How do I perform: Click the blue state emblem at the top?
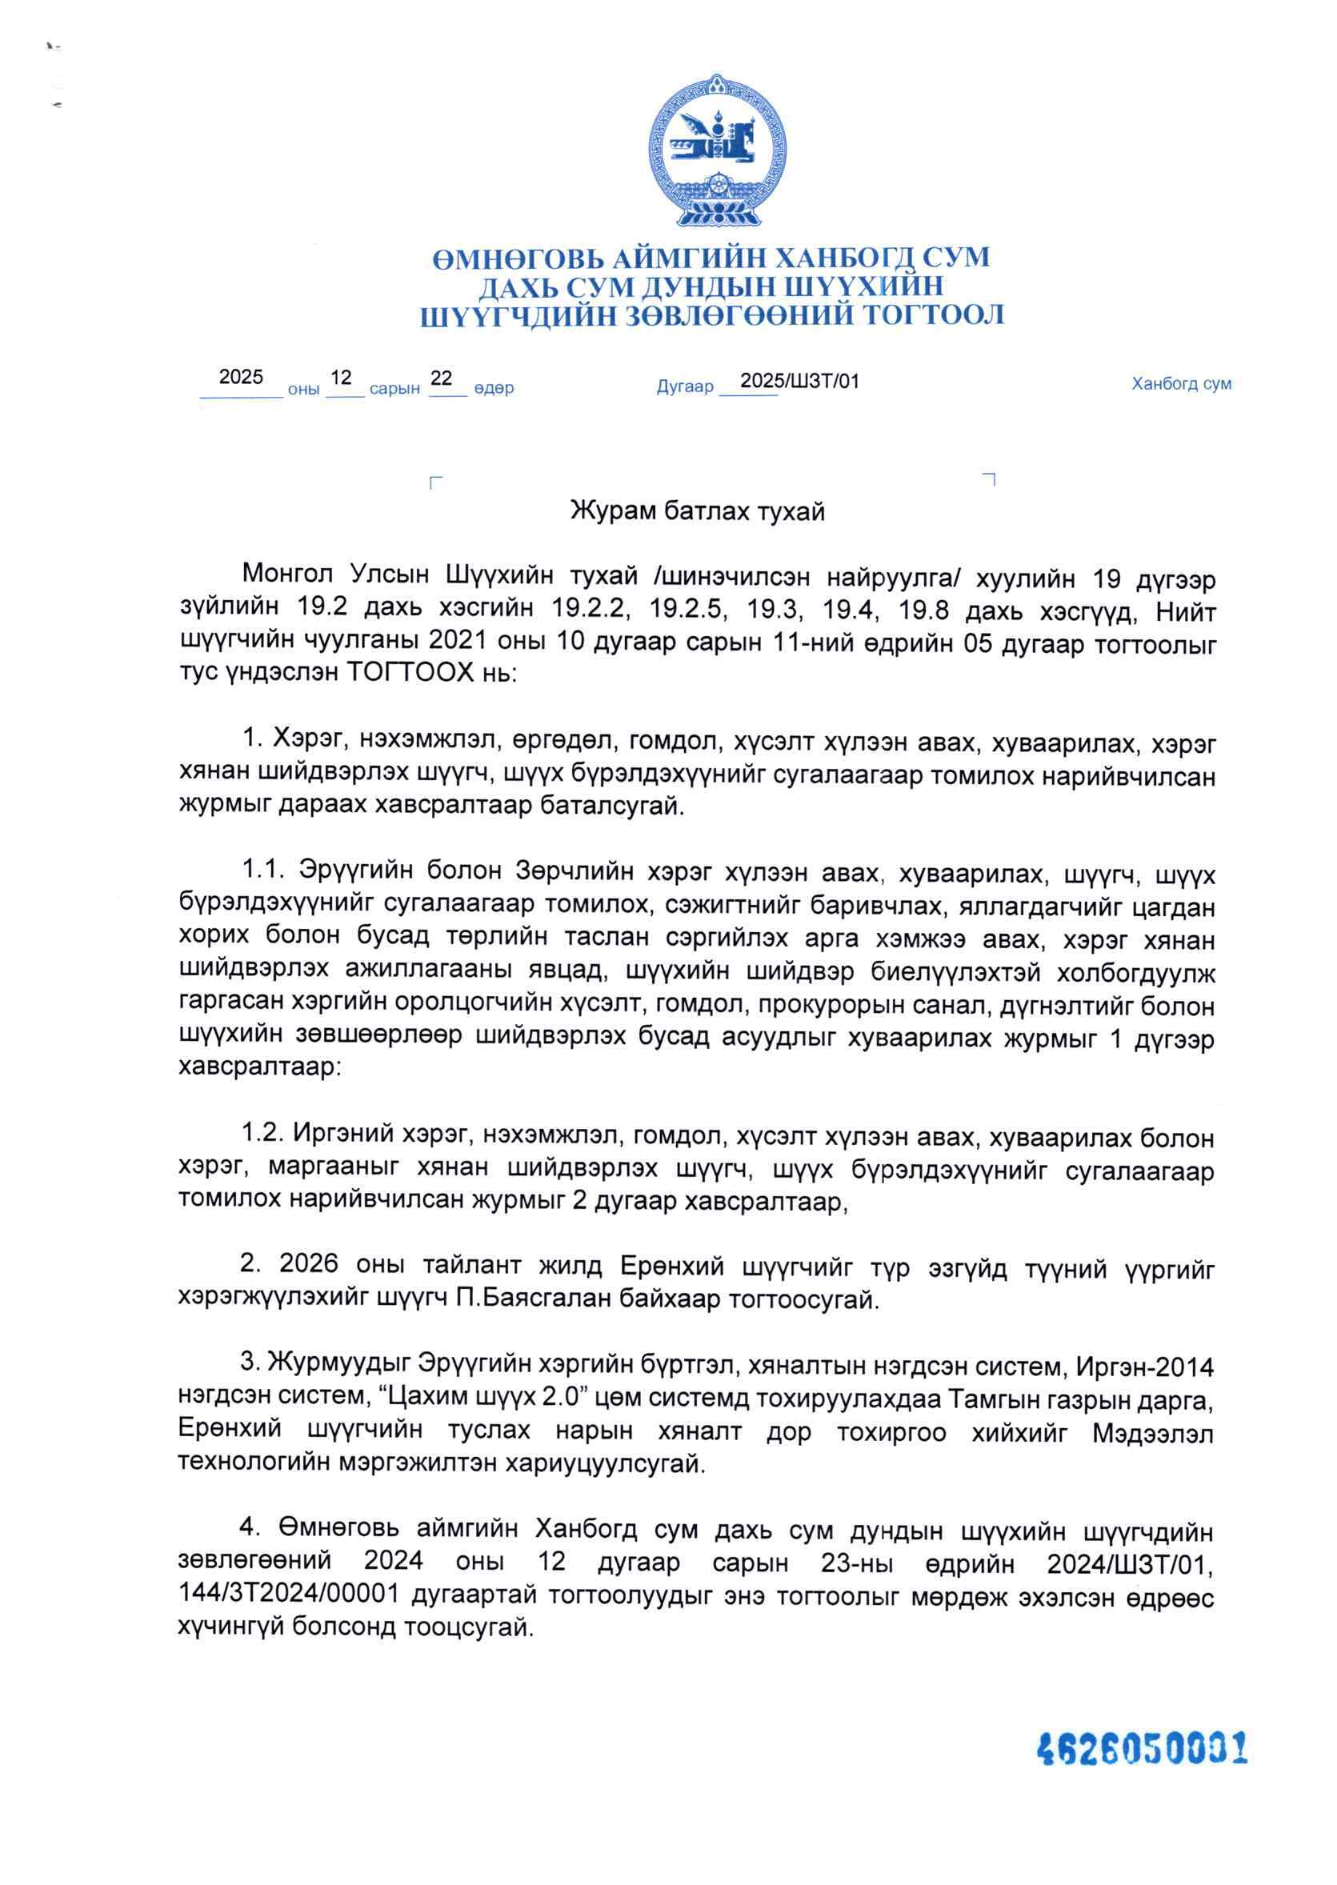713,150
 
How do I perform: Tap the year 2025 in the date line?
240,378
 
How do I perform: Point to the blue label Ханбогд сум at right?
1181,383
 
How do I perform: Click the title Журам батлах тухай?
698,512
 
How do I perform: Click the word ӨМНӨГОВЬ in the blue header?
517,258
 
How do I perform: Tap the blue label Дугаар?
684,387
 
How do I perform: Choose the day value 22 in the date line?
442,378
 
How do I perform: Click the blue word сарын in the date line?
394,389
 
